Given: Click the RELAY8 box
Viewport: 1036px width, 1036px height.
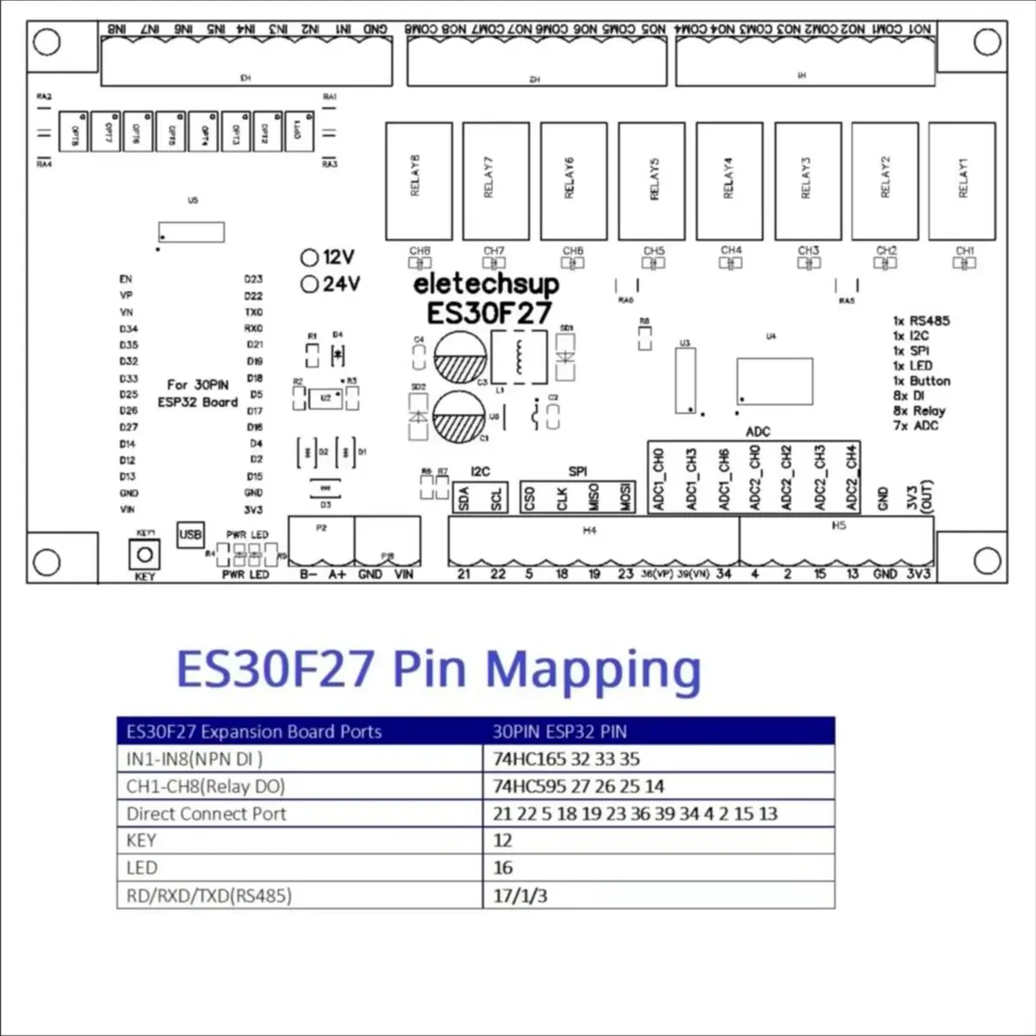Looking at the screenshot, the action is pos(418,181).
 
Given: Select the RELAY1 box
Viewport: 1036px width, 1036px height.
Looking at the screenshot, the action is pos(962,181).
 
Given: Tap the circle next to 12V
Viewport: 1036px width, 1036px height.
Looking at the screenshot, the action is pos(310,258).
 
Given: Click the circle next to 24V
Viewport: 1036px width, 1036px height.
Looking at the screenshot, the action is pos(310,284).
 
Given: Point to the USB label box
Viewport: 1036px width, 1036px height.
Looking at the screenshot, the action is pos(190,535).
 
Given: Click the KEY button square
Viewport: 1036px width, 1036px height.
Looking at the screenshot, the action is pos(145,555).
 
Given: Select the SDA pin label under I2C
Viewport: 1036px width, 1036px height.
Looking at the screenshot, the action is pos(464,499).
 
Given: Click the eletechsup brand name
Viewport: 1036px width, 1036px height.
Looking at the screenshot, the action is pos(485,284).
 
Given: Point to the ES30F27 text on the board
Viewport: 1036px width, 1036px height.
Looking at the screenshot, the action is pos(488,313).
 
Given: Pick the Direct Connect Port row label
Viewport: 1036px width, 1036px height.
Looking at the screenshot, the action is pos(206,814).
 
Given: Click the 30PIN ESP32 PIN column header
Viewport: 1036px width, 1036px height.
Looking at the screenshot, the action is pos(559,731).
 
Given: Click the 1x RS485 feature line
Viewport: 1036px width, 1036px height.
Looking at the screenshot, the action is pos(921,321).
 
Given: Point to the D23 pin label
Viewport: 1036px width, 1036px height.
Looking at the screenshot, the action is pos(253,279).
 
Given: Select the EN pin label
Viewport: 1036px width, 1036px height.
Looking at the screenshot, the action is pos(126,279).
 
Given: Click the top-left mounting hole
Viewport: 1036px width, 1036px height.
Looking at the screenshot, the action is pos(46,42).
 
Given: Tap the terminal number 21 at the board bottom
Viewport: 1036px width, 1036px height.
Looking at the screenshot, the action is pos(464,574).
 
